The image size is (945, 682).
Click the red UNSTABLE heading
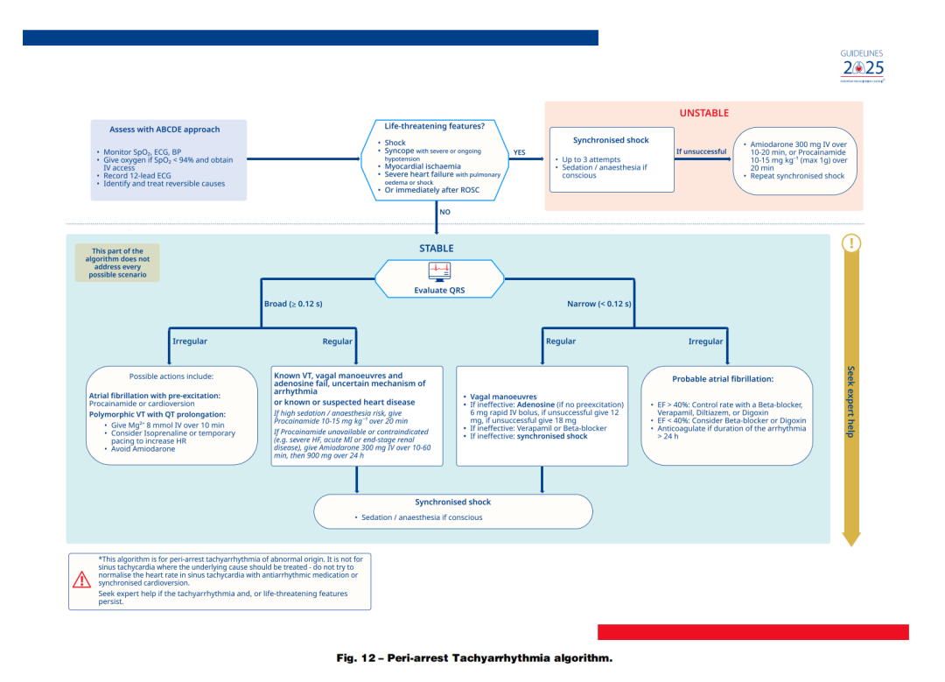pyautogui.click(x=703, y=113)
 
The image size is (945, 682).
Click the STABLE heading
pyautogui.click(x=436, y=248)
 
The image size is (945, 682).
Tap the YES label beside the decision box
pyautogui.click(x=519, y=152)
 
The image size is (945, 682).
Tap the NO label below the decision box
pyautogui.click(x=444, y=212)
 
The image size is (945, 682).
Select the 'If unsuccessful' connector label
pyautogui.click(x=701, y=151)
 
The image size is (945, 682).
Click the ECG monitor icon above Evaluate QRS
pyautogui.click(x=439, y=271)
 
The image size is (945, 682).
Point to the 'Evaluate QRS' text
pyautogui.click(x=439, y=291)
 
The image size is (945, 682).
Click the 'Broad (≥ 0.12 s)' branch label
pyautogui.click(x=293, y=304)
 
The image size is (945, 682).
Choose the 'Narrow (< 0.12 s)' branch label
pyautogui.click(x=599, y=304)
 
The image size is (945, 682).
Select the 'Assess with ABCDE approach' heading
pyautogui.click(x=164, y=130)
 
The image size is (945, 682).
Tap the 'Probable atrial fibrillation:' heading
pyautogui.click(x=723, y=379)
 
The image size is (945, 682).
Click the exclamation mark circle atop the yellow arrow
pyautogui.click(x=851, y=244)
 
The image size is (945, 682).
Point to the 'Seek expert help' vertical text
pyautogui.click(x=850, y=402)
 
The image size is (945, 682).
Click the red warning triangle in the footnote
pyautogui.click(x=81, y=579)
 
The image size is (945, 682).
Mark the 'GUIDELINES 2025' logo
pyautogui.click(x=862, y=65)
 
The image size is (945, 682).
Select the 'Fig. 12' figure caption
pyautogui.click(x=474, y=658)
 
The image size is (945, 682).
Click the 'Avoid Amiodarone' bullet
pyautogui.click(x=143, y=449)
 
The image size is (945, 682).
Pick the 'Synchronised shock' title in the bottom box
pyautogui.click(x=452, y=503)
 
